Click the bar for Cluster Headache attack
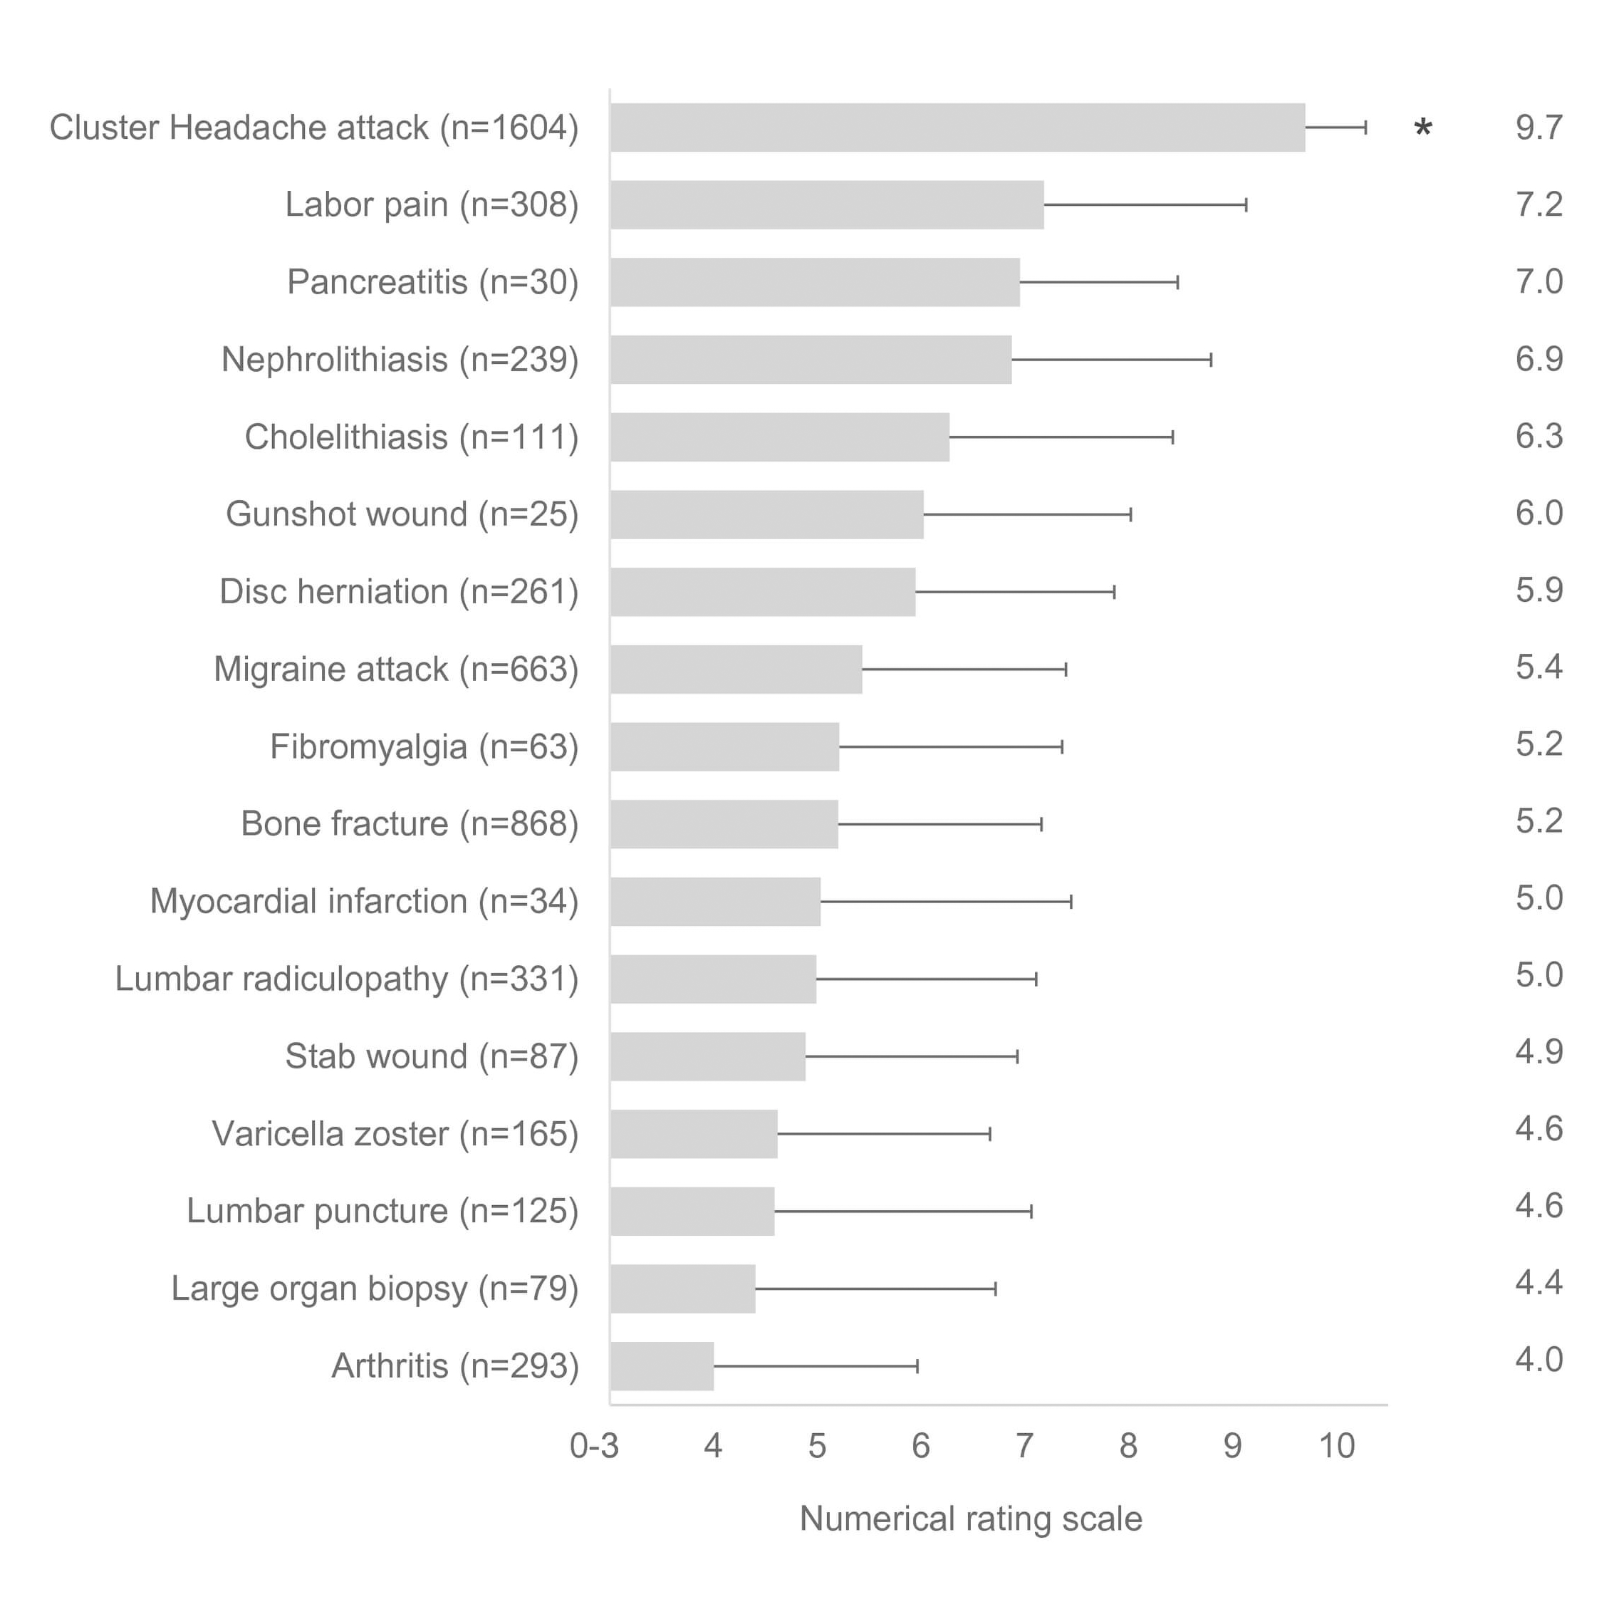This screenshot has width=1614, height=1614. (957, 127)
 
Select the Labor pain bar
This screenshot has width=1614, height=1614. (827, 204)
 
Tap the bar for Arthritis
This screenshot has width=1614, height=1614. (662, 1367)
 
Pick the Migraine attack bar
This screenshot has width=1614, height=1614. (736, 669)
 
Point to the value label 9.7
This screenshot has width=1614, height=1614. (1538, 127)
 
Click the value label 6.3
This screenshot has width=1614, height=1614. (1538, 436)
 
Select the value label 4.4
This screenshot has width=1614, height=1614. (1538, 1282)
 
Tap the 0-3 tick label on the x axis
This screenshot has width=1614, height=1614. (594, 1446)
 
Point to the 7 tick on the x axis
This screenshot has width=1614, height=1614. (1024, 1446)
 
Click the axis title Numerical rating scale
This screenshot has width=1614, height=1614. (971, 1519)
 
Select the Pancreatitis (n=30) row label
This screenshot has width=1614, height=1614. (433, 282)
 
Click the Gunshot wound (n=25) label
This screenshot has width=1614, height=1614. (402, 514)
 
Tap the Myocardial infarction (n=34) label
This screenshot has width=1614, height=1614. (364, 902)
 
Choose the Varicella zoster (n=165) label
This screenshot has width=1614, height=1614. (395, 1134)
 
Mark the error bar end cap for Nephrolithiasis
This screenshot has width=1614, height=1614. (1212, 360)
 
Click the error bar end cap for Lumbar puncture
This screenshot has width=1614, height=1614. (1031, 1212)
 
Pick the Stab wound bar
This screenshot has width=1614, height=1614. (707, 1057)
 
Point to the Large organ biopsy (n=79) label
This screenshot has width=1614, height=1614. (375, 1289)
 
